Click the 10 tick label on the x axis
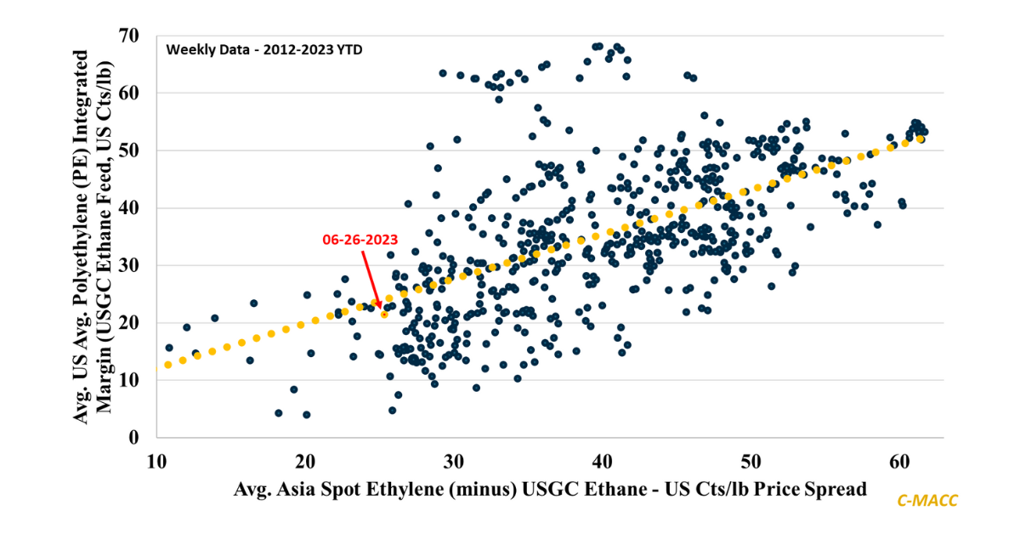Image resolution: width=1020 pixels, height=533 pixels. (157, 462)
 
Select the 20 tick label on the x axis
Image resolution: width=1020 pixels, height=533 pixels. (305, 462)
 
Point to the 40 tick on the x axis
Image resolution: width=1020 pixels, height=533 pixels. (603, 462)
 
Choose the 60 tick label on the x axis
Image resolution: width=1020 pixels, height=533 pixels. (900, 462)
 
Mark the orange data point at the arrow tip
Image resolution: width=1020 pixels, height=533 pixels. (384, 314)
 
